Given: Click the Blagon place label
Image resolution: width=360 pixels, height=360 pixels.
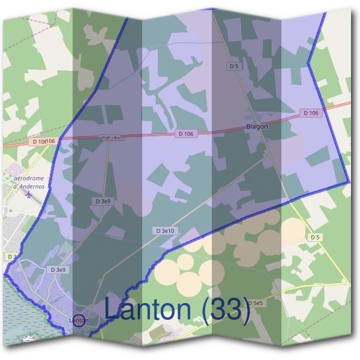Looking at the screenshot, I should click(x=257, y=127).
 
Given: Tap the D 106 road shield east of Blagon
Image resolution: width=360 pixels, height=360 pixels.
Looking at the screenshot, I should click(x=310, y=113).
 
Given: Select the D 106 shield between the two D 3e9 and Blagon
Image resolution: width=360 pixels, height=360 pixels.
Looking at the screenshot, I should click(x=184, y=133).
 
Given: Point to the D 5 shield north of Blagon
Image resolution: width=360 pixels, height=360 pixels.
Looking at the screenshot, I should click(x=234, y=66).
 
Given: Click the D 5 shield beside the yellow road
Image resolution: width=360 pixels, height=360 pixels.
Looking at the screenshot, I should click(x=316, y=238).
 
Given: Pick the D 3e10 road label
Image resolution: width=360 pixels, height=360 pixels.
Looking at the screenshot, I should click(x=164, y=230).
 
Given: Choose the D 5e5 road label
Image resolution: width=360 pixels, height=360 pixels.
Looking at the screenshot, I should click(x=256, y=304).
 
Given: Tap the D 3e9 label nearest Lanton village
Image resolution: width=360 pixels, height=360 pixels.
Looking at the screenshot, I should click(x=58, y=270).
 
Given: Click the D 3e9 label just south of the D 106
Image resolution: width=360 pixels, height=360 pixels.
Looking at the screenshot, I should click(x=103, y=201).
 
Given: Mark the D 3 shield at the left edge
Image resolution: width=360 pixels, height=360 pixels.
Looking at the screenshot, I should click(x=10, y=256).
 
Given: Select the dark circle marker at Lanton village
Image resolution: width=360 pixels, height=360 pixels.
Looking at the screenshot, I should click(x=78, y=320).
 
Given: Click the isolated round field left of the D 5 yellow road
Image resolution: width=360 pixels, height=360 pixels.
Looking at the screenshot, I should click(x=293, y=231).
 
